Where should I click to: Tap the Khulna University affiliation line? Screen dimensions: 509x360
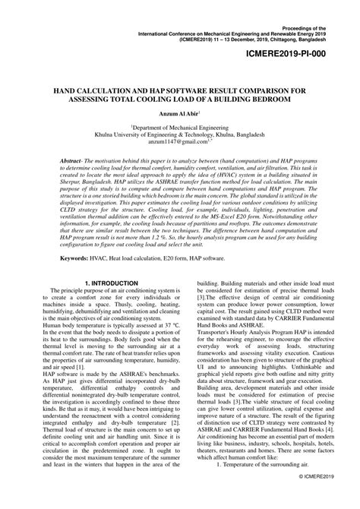[x=179, y=136]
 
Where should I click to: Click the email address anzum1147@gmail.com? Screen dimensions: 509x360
[x=175, y=143]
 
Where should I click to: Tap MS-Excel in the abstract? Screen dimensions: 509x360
[x=254, y=217]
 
